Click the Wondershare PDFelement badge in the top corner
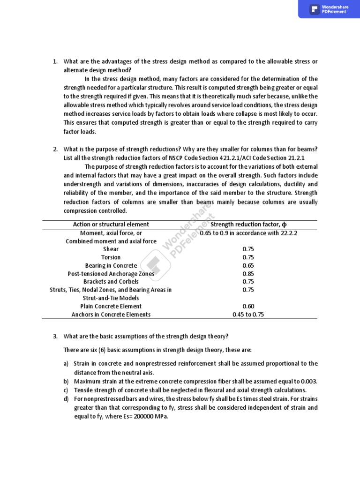[x=329, y=9]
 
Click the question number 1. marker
[x=55, y=62]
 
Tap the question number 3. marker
[x=55, y=337]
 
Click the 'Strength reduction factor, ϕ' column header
[x=248, y=225]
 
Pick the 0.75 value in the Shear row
[x=248, y=249]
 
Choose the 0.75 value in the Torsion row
[x=248, y=257]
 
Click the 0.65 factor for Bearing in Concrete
[x=248, y=266]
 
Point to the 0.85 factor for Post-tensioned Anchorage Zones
[x=248, y=274]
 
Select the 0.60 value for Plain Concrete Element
[x=248, y=306]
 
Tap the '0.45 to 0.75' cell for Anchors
[x=248, y=315]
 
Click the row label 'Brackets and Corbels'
[x=111, y=282]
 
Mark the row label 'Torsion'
[x=111, y=257]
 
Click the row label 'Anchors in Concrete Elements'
[x=111, y=315]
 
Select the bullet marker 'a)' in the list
[x=66, y=364]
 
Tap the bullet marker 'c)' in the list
[x=66, y=390]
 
